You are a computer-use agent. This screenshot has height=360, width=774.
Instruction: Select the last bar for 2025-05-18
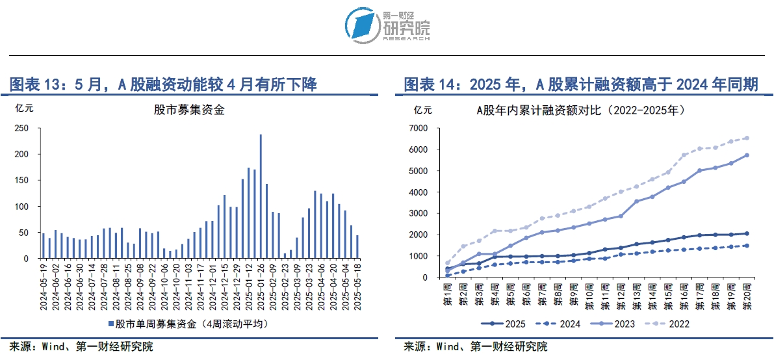click(357, 247)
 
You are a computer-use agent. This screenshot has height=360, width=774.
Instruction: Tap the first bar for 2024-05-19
click(43, 246)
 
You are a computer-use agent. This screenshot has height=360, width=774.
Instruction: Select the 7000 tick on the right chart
click(422, 128)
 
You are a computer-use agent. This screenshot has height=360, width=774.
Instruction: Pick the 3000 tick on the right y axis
click(422, 213)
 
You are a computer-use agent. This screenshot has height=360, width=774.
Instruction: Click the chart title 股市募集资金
click(189, 110)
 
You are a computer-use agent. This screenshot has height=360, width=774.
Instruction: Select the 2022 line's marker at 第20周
click(747, 138)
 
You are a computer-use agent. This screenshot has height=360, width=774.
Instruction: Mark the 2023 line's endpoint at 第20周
click(747, 155)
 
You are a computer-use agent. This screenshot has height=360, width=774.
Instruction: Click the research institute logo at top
click(387, 27)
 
